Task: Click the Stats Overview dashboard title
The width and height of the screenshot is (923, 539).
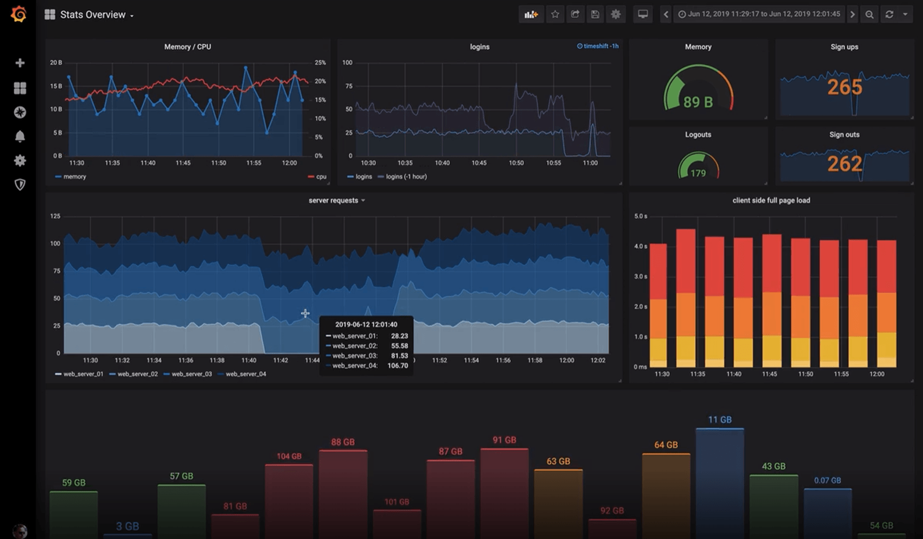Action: tap(93, 15)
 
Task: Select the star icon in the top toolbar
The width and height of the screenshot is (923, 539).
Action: tap(555, 14)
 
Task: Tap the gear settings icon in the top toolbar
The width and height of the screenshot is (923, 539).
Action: tap(615, 14)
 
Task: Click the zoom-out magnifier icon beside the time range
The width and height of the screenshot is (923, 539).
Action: tap(869, 14)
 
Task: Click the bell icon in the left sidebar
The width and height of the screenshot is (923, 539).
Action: tap(20, 137)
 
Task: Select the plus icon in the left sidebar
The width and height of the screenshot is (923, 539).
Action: tap(20, 63)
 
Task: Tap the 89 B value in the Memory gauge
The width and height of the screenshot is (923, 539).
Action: tap(698, 102)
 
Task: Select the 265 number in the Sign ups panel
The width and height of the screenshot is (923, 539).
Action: tap(845, 87)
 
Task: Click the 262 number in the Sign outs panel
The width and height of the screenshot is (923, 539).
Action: tap(845, 164)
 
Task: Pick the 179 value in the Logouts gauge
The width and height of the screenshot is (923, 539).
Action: tap(698, 173)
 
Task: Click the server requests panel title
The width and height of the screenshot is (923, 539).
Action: tap(333, 201)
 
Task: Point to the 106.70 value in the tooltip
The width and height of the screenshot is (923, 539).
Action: tap(397, 366)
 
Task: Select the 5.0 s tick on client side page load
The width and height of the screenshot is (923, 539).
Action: tap(640, 216)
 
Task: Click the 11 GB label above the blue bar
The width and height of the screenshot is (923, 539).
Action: tap(720, 420)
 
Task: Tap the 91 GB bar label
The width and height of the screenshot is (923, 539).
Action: tap(504, 440)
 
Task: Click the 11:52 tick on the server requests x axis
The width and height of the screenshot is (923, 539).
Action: tap(439, 360)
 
